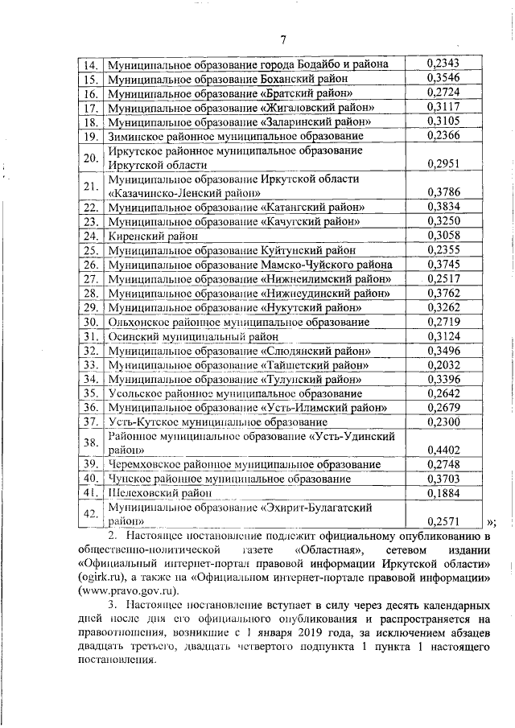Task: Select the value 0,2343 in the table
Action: coord(443,64)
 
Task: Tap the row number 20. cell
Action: coord(91,158)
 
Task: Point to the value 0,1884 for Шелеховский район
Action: coord(443,493)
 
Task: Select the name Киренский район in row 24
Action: coord(146,235)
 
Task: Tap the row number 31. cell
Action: coord(91,336)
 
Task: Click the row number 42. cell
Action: coord(91,514)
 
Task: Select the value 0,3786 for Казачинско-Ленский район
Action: coord(443,193)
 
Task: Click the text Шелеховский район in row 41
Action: coord(150,493)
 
